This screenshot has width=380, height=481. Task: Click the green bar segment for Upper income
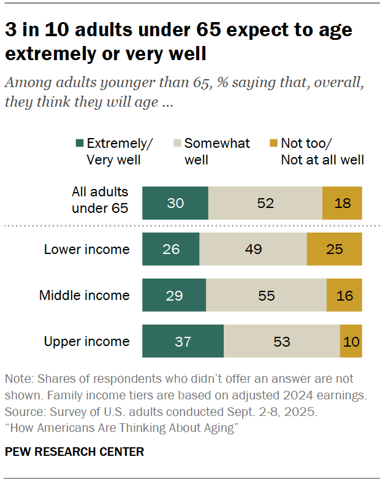pos(183,342)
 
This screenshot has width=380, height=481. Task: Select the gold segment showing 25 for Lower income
pos(334,250)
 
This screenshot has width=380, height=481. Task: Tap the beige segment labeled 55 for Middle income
pos(266,296)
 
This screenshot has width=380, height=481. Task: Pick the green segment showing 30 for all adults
pos(175,203)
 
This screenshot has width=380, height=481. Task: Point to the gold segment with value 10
pos(351,342)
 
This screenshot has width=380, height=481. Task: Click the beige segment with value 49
pos(253,250)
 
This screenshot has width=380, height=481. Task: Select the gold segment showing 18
pos(342,203)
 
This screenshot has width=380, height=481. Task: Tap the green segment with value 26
pos(171,250)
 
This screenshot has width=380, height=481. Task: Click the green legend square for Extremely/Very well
pos(79,144)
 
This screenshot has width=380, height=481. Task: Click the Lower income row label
pos(86,249)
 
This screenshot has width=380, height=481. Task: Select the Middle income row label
pos(85,295)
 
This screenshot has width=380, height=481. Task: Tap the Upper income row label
pos(86,341)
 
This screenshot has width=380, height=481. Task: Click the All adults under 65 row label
pos(100,200)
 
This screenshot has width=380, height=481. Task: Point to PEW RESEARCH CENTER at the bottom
pos(74,452)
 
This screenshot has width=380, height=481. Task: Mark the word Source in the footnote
pos(23,413)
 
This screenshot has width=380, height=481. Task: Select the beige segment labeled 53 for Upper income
pos(281,342)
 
